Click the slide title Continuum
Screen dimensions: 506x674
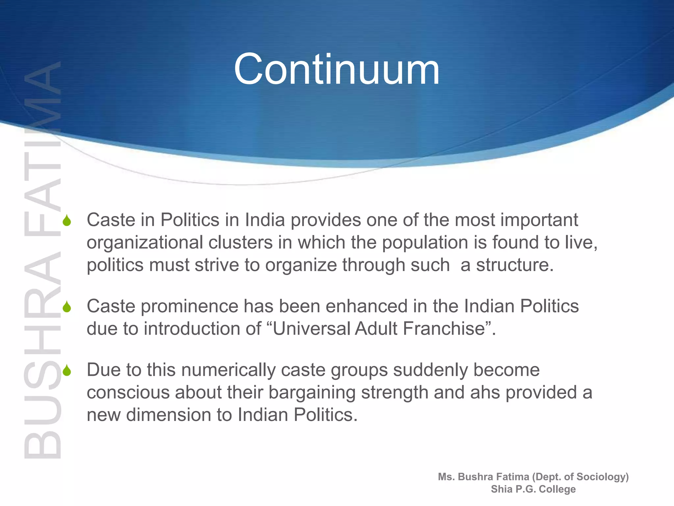tap(336, 70)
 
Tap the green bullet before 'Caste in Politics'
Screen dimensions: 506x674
tap(67, 221)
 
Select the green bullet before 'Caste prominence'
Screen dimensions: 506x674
tap(67, 307)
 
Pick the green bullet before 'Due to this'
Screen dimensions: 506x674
tap(67, 371)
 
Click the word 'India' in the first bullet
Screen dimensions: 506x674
tap(265, 220)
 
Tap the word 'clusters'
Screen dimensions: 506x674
tap(240, 242)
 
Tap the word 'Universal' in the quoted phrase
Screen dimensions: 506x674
tap(311, 329)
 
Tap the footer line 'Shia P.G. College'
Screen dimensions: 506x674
tap(533, 489)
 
